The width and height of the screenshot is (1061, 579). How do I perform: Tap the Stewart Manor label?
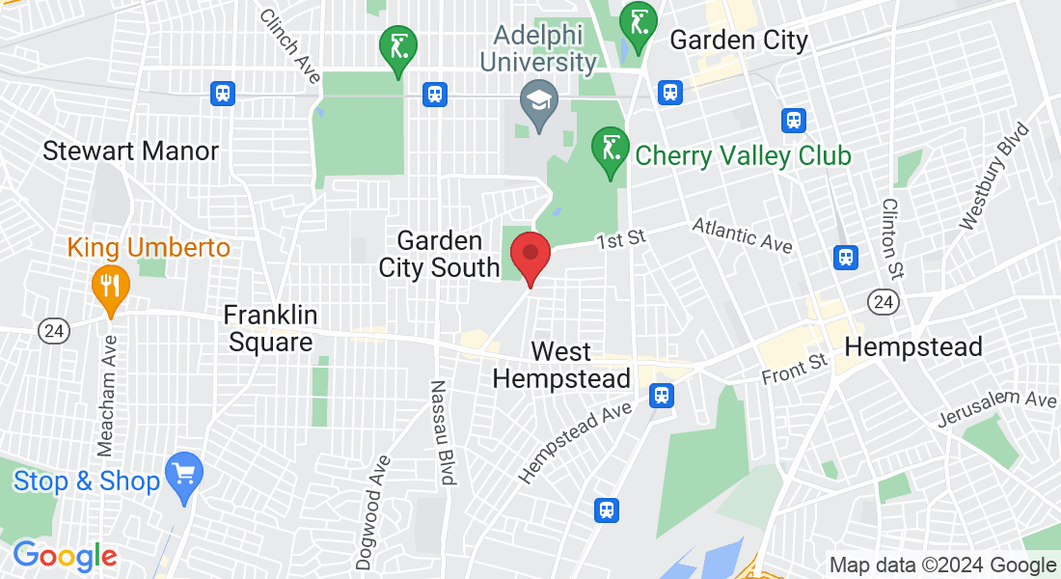(x=131, y=151)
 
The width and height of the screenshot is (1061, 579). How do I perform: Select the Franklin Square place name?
(x=269, y=328)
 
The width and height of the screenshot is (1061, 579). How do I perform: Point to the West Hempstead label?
(x=561, y=365)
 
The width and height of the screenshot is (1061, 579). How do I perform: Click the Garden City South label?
(x=439, y=254)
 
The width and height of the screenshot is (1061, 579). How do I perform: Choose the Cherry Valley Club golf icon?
(x=610, y=151)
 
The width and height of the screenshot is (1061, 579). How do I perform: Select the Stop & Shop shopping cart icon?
(x=183, y=475)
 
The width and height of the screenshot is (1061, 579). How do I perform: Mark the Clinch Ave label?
(x=290, y=46)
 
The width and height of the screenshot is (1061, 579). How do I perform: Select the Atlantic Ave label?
(x=743, y=234)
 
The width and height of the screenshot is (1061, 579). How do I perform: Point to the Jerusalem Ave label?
(x=997, y=409)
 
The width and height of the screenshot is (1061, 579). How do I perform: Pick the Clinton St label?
(x=891, y=233)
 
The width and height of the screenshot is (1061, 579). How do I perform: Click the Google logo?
(x=65, y=555)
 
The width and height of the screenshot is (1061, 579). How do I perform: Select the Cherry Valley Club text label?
(x=743, y=155)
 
